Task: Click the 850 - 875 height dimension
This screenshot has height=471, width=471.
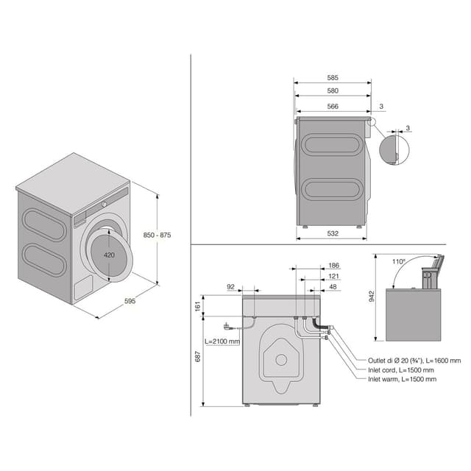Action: coord(157,235)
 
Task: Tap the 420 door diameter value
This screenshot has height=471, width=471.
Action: coord(109,255)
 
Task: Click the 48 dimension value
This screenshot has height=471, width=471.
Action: coord(333,286)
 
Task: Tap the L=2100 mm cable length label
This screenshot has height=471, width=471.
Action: coord(224,341)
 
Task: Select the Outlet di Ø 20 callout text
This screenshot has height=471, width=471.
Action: coord(414,361)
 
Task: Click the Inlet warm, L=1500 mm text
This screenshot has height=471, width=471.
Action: coord(403,379)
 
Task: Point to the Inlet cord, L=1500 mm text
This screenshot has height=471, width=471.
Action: coord(401,369)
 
